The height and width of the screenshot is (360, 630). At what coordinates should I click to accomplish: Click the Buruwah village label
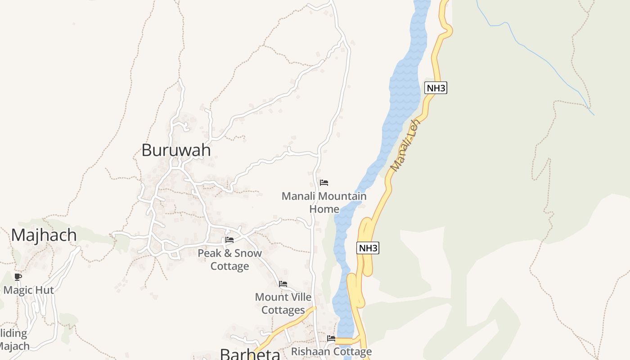(x=176, y=150)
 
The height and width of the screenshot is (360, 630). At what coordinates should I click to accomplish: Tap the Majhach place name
(x=44, y=235)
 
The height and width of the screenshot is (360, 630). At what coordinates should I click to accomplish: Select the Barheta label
(x=250, y=354)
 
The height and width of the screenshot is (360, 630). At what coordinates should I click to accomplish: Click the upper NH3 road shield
(x=436, y=88)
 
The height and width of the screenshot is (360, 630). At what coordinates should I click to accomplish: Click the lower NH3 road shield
(x=368, y=247)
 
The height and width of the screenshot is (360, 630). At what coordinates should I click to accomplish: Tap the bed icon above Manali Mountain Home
(x=324, y=183)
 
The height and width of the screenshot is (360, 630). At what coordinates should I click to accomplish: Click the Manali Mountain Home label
(x=324, y=202)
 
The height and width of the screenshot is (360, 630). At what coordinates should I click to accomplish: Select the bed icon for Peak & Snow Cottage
(x=229, y=240)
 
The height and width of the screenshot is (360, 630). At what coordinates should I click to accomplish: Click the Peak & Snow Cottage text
(x=229, y=259)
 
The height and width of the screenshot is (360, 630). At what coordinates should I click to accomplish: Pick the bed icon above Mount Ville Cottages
(x=283, y=284)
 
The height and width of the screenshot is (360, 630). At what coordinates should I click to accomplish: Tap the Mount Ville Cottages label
(x=283, y=303)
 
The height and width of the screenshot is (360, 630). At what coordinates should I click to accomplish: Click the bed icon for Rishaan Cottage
(x=331, y=338)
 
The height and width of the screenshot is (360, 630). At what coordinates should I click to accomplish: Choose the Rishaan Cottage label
(x=332, y=351)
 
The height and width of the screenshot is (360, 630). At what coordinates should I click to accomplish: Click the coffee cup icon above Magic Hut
(x=18, y=277)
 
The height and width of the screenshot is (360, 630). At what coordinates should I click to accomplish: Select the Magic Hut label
(x=29, y=290)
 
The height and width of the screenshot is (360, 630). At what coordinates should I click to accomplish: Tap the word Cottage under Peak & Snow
(x=229, y=266)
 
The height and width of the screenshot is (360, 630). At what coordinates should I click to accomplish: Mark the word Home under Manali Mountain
(x=324, y=209)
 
